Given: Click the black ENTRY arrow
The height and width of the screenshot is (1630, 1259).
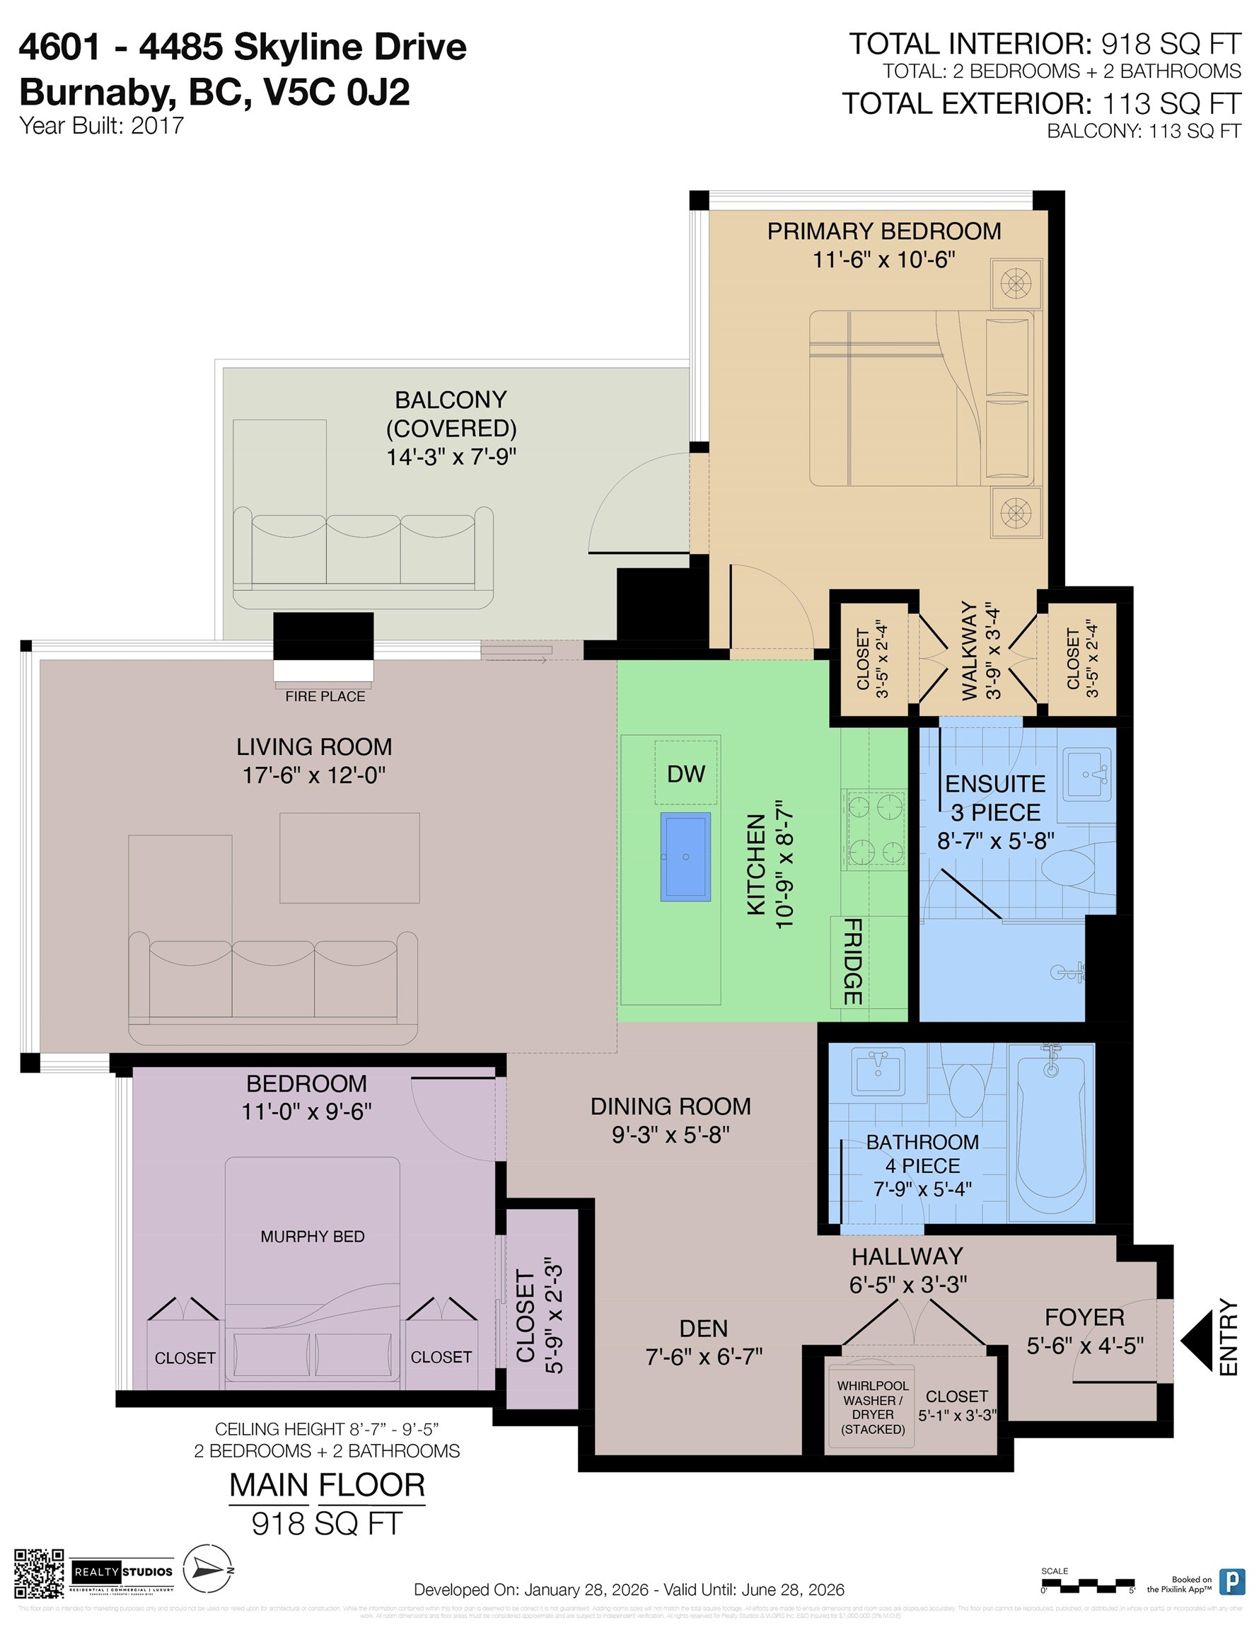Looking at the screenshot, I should point(1197,1341).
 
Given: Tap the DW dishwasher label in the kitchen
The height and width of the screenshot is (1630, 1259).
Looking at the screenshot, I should point(685,774).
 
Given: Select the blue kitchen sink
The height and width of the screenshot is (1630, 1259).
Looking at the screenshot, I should point(685,857).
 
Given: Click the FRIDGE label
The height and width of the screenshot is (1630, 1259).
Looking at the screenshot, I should point(852,961).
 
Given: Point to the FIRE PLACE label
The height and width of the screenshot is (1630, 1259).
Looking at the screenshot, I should point(325,696).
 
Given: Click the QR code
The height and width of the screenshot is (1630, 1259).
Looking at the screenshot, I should point(39,1573).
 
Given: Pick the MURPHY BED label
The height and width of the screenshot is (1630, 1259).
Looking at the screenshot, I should point(312,1237).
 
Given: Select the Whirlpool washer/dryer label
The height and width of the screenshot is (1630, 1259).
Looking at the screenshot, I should point(872,1408).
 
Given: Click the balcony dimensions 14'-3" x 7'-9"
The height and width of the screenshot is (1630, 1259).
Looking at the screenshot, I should point(451,457).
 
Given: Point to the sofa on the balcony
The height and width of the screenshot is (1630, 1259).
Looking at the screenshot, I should point(363,558).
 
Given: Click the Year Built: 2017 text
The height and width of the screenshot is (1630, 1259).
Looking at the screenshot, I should point(101,125).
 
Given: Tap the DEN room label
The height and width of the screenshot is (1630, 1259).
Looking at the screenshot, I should point(703,1329).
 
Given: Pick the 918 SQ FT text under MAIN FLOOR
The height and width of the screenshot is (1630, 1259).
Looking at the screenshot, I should point(327,1523).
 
